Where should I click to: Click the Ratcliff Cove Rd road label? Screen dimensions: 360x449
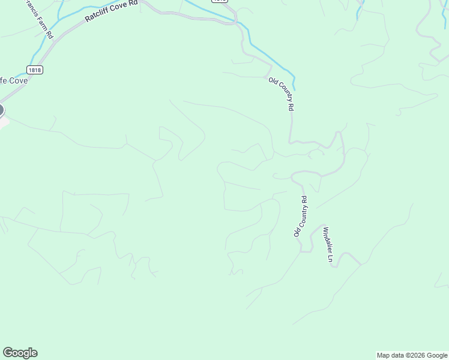pyautogui.click(x=112, y=11)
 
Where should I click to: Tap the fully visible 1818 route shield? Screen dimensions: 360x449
pyautogui.click(x=34, y=70)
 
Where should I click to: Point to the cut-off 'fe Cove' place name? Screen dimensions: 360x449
pyautogui.click(x=13, y=80)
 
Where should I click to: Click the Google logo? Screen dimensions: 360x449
pyautogui.click(x=20, y=353)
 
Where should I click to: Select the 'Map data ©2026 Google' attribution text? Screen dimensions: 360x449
pyautogui.click(x=412, y=355)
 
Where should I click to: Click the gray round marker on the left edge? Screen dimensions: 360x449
pyautogui.click(x=1, y=110)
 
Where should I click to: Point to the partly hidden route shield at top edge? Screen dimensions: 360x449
pyautogui.click(x=219, y=1)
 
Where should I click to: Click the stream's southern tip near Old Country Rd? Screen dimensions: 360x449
pyautogui.click(x=294, y=88)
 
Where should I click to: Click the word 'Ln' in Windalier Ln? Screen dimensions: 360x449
pyautogui.click(x=330, y=259)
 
